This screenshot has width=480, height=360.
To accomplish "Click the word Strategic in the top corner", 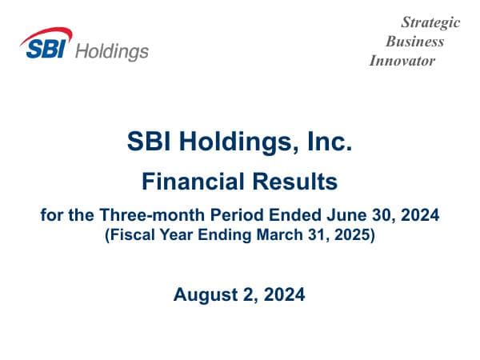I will (430, 22).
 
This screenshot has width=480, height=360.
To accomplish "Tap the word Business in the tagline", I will (414, 42).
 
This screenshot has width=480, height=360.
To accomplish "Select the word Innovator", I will (402, 61).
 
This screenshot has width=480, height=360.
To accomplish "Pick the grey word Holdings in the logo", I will (111, 51).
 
